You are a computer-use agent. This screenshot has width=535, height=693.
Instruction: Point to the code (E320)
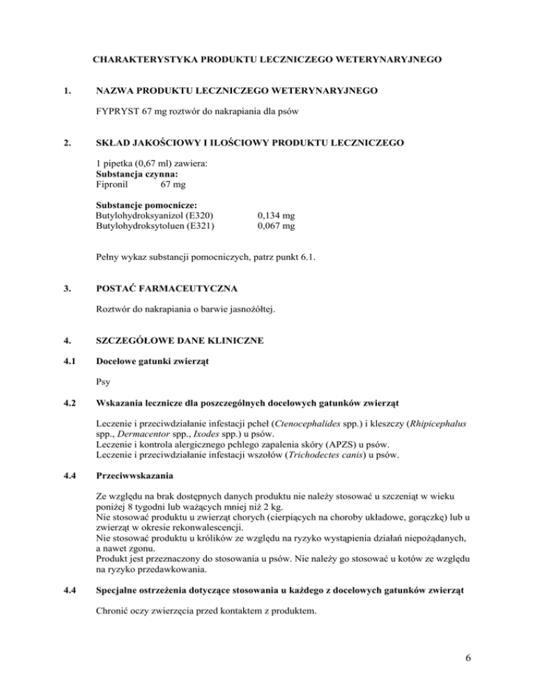199,216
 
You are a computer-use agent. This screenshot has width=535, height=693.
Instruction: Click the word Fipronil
113,184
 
